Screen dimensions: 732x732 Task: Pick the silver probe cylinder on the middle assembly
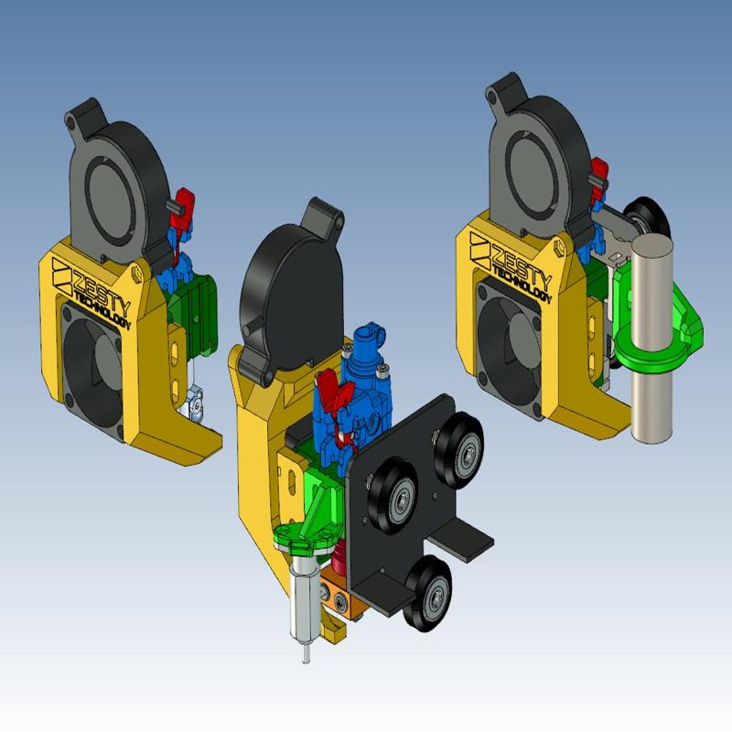(302, 604)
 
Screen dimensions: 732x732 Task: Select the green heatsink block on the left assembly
(199, 307)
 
